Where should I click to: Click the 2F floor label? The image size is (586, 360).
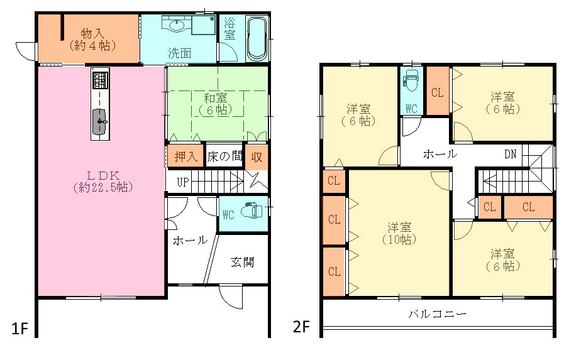tap(302, 327)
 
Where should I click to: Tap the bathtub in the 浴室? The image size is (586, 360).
tap(257, 40)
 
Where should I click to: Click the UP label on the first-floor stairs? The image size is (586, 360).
tap(183, 182)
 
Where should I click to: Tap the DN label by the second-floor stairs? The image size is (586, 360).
tap(511, 154)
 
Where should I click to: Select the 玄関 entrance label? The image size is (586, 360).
tap(242, 262)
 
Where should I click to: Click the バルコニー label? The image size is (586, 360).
tap(437, 314)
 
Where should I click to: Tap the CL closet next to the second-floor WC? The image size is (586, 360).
tap(438, 92)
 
